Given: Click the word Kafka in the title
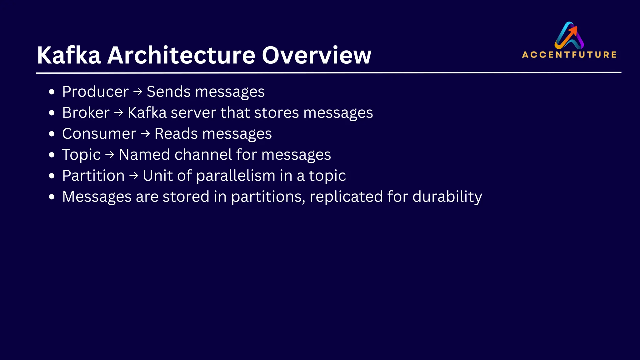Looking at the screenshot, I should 69,55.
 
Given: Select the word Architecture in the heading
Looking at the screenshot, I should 181,55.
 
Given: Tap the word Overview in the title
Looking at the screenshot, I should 316,55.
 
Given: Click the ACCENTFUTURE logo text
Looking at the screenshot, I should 569,55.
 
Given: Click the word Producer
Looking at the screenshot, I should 95,92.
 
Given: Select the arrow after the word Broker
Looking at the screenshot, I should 119,112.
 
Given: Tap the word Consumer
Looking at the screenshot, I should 99,134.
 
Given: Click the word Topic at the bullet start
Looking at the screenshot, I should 81,155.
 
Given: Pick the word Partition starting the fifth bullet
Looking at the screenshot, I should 93,176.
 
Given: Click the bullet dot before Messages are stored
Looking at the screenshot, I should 52,197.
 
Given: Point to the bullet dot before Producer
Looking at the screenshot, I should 52,92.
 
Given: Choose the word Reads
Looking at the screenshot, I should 176,134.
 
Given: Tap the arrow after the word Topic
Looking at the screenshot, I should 110,155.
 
